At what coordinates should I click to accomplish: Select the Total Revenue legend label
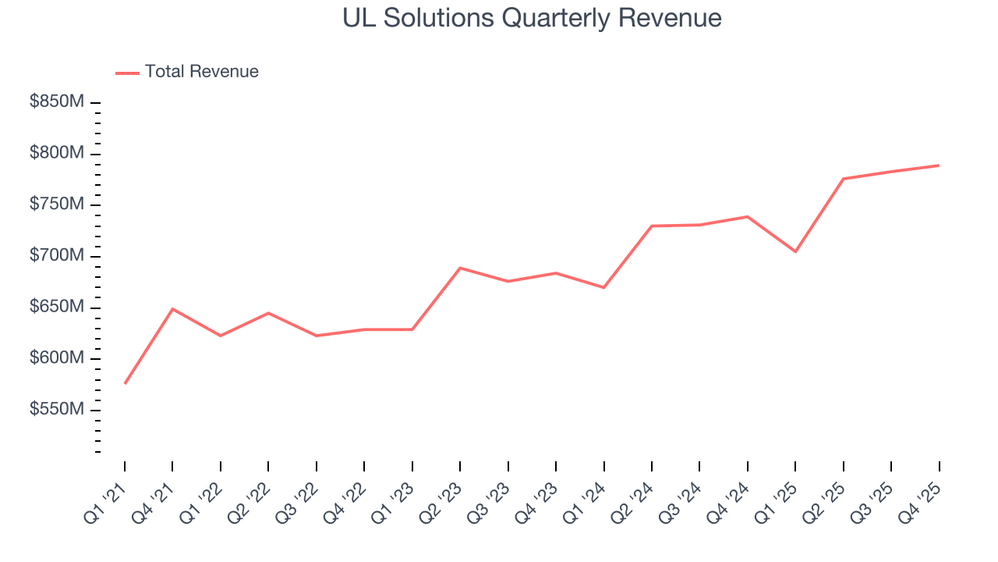[x=201, y=72]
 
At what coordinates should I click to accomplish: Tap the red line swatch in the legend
[x=127, y=73]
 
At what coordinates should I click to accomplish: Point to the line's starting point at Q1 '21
[x=125, y=383]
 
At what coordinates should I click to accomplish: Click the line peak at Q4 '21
[x=172, y=309]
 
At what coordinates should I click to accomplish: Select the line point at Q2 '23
[x=460, y=268]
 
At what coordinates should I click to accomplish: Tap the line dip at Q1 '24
[x=603, y=287]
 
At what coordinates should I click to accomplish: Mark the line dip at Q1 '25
[x=795, y=251]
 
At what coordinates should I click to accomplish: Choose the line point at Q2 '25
[x=844, y=179]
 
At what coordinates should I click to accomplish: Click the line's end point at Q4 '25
[x=939, y=165]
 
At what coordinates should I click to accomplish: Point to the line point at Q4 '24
[x=748, y=216]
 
